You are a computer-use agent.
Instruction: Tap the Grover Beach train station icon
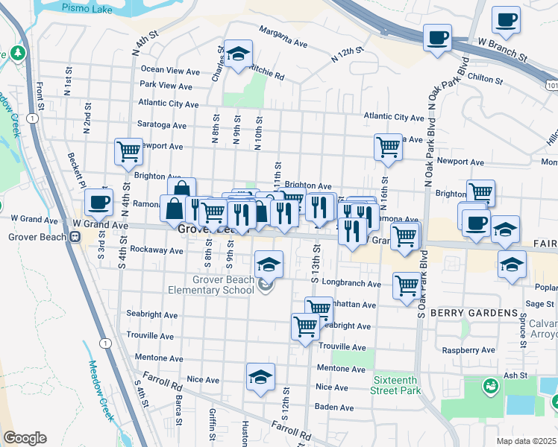pyautogui.click(x=75, y=237)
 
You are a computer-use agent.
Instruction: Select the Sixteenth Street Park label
pyautogui.click(x=395, y=384)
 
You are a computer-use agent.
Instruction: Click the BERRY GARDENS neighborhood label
pyautogui.click(x=473, y=312)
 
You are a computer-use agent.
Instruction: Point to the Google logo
pyautogui.click(x=25, y=439)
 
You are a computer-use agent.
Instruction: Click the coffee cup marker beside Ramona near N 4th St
pyautogui.click(x=98, y=202)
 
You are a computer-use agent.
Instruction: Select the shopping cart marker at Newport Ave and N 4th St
pyautogui.click(x=128, y=151)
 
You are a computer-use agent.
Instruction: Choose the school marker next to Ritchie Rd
pyautogui.click(x=239, y=54)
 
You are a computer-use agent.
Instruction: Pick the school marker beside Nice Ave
pyautogui.click(x=260, y=378)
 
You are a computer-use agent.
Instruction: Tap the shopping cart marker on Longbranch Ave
pyautogui.click(x=406, y=286)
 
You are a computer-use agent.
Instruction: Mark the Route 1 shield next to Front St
pyautogui.click(x=32, y=118)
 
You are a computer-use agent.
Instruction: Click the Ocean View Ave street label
pyautogui.click(x=170, y=70)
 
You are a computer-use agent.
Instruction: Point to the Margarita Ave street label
pyautogui.click(x=283, y=37)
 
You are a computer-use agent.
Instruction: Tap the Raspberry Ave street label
pyautogui.click(x=468, y=350)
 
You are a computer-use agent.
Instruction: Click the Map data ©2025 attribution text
pyautogui.click(x=526, y=441)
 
